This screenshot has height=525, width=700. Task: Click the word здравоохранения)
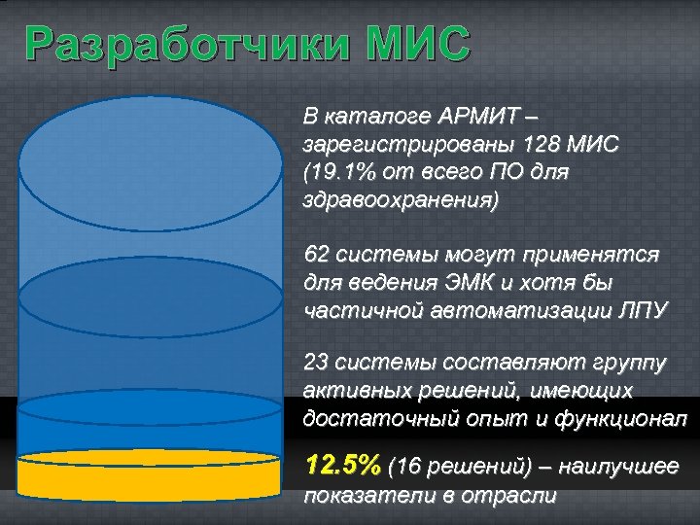(401, 203)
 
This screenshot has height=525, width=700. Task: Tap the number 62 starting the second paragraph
(316, 255)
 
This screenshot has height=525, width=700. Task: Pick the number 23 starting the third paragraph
(316, 363)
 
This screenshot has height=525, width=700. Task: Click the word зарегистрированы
(407, 147)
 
